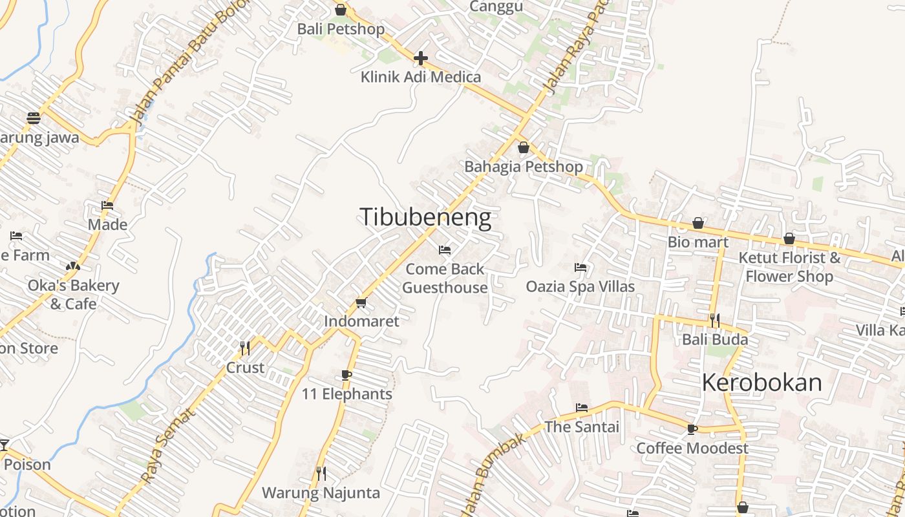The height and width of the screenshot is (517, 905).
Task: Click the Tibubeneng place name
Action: pos(425,218)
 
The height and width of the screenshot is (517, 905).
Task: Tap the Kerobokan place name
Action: pos(761,383)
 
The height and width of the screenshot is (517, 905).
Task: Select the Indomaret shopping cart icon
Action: pos(361,302)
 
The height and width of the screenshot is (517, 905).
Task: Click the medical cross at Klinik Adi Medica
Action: pos(421,59)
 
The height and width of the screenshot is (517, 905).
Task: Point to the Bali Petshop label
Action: pos(341,29)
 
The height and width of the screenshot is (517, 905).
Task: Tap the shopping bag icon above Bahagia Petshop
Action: pos(524,147)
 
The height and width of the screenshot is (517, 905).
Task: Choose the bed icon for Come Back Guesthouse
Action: pos(445,249)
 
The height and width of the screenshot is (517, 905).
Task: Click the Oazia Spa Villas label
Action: pos(580,286)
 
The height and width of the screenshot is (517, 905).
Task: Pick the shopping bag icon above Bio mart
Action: pos(698,224)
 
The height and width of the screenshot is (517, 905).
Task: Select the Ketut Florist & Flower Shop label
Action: pos(789,267)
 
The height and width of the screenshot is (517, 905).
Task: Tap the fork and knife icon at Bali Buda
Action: pos(714,320)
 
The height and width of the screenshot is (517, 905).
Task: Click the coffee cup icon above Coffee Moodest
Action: pos(692,429)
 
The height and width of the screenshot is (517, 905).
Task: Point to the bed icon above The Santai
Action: pos(582,408)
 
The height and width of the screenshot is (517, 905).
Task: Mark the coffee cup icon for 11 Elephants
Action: pos(346,375)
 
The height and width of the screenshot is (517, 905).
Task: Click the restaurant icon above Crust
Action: pos(245,348)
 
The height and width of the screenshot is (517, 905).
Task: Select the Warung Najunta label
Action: pos(321,493)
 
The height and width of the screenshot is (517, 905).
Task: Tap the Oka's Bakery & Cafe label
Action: pos(73,294)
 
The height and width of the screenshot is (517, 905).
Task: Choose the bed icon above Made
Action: pos(107,206)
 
